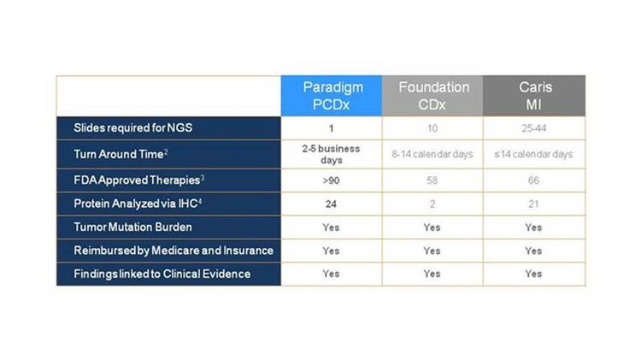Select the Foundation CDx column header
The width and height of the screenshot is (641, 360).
click(433, 96)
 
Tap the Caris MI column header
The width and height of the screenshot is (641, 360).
click(535, 96)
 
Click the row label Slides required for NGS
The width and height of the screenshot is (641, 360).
click(132, 128)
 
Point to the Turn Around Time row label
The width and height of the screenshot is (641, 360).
click(121, 154)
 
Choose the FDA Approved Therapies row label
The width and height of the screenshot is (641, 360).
click(139, 180)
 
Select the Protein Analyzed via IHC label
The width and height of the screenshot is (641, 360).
click(138, 204)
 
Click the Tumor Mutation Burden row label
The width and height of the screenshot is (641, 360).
click(132, 227)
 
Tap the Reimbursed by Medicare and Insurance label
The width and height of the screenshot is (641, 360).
click(173, 251)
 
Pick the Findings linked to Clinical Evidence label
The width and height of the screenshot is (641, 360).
click(162, 274)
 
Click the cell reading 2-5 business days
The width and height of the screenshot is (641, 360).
click(331, 154)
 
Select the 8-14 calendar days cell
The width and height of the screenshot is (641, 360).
click(432, 154)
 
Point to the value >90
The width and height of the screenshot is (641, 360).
click(331, 180)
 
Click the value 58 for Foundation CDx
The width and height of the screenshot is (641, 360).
click(432, 180)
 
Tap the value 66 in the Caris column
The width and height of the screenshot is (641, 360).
click(533, 180)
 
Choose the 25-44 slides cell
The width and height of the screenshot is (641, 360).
click(534, 128)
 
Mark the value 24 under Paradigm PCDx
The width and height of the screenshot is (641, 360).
click(331, 204)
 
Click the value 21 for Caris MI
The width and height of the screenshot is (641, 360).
click(533, 204)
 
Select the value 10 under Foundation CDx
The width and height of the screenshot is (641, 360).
click(432, 128)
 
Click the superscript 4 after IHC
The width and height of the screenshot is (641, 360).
click(200, 201)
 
